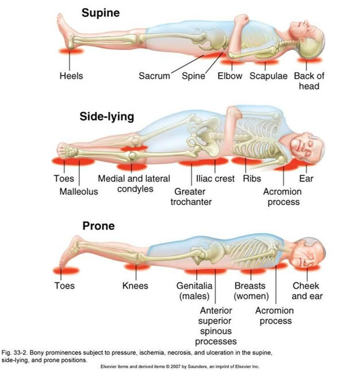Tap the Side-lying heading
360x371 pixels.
(x=107, y=117)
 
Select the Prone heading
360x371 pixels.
(x=99, y=226)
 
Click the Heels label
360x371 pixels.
(x=71, y=76)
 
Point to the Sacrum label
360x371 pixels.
(x=154, y=76)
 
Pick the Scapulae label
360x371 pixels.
(x=267, y=76)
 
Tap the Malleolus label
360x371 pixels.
(x=79, y=191)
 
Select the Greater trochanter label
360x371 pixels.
(x=191, y=196)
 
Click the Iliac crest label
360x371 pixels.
(x=216, y=179)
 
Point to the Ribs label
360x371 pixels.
(x=252, y=179)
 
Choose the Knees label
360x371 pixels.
(x=135, y=285)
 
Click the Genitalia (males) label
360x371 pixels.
(x=194, y=290)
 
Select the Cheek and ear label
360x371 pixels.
(x=307, y=290)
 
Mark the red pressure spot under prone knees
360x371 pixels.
(x=136, y=267)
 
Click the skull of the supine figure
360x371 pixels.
(x=312, y=39)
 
